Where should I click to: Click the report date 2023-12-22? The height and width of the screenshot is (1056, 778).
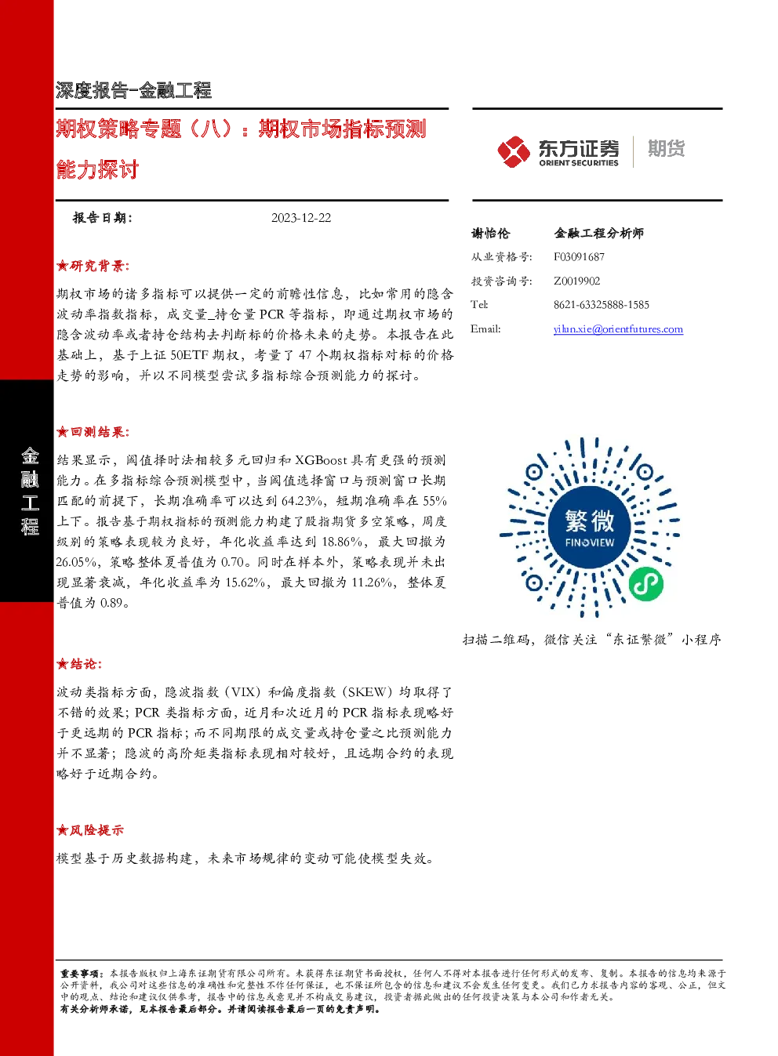pos(301,218)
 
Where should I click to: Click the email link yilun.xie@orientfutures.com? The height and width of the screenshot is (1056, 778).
pos(618,329)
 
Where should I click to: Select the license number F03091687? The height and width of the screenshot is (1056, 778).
pos(579,257)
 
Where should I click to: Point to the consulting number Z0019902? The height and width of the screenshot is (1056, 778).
pos(576,281)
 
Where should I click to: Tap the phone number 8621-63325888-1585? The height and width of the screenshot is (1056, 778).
pos(602,305)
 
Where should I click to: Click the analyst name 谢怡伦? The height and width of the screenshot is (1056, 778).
pos(490,233)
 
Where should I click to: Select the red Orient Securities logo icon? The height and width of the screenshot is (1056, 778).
pos(514,152)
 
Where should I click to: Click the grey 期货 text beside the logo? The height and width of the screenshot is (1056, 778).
pos(666,148)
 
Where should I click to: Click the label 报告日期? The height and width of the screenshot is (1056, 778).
pos(102,218)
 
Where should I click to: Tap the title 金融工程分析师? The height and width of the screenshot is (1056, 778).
pos(599,233)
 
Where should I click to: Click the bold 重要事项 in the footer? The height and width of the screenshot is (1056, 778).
pos(80,974)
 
